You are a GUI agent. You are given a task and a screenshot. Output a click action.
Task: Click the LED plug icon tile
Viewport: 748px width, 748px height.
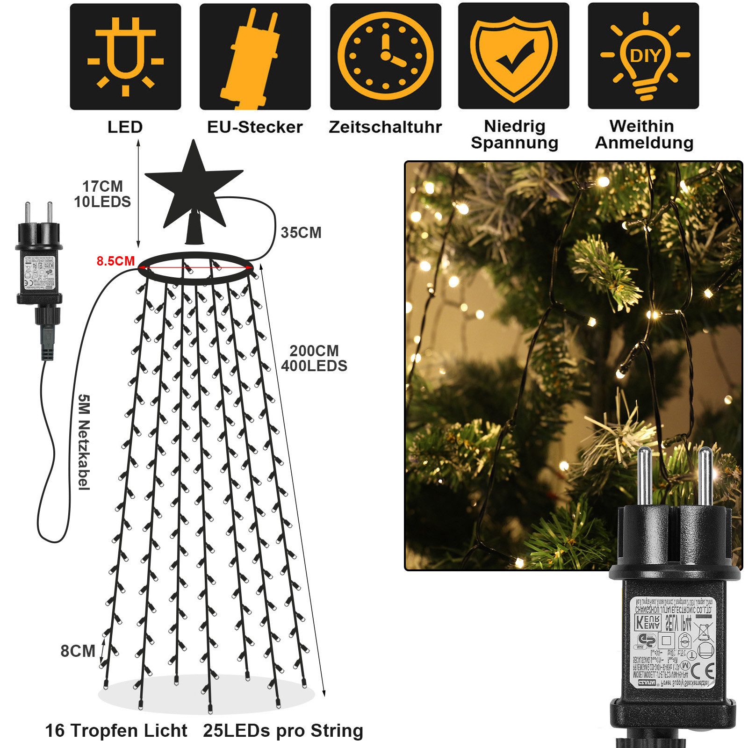pos(125,57)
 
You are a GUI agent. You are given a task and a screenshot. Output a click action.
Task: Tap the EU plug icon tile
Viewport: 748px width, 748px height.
pos(255,57)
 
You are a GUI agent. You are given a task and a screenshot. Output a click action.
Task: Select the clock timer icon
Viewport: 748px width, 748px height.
pos(385,57)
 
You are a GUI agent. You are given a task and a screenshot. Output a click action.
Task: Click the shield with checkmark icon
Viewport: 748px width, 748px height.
pos(513,57)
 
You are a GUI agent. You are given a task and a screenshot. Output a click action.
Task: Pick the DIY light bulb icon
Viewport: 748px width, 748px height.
pos(643,57)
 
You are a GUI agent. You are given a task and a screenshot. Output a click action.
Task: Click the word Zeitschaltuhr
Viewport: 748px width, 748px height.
pos(385,127)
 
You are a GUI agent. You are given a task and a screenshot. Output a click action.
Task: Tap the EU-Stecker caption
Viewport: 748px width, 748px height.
pos(255,127)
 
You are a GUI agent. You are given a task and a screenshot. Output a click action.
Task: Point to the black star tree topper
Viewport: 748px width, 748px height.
pos(193,187)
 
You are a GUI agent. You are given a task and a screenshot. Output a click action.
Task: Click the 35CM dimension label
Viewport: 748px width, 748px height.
pos(301,233)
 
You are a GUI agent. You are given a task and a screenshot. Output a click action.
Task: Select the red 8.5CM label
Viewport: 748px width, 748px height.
pos(115,261)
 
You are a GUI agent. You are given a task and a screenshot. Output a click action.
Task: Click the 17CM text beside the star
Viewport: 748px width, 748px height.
pos(102,187)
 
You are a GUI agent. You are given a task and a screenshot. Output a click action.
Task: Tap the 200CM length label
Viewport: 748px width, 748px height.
pos(314,351)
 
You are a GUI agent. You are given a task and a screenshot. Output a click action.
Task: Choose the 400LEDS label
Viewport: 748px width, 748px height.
pos(314,366)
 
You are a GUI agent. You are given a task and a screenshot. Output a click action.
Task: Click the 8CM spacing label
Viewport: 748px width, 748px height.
pos(78,651)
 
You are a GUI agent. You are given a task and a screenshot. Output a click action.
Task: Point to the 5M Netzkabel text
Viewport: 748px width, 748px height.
pos(83,442)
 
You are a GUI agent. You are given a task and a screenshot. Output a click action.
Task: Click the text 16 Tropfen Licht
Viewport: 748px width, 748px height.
pos(116,731)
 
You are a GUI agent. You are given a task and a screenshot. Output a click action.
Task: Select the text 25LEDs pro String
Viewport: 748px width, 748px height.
pos(283,731)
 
